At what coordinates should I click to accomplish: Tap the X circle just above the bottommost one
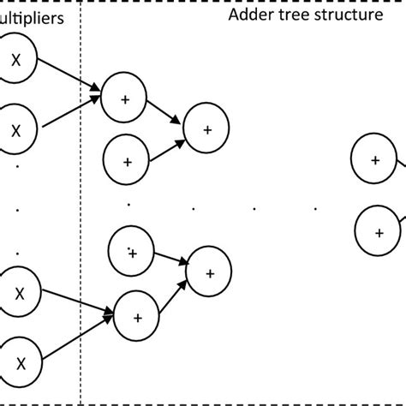coord(15,291)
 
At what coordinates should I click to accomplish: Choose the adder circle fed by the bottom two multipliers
coord(138,315)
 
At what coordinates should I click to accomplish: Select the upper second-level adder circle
coord(207,128)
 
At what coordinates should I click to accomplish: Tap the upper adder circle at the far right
coord(375,159)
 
